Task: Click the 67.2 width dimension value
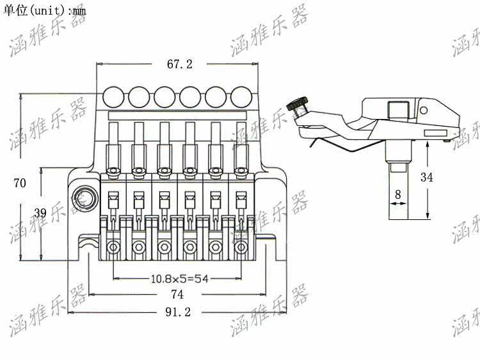180,64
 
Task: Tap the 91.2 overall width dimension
178,312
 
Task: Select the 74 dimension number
177,294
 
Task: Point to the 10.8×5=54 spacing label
180,279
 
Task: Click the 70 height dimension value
20,183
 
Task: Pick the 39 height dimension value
40,213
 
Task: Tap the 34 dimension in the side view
426,177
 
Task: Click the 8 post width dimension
398,194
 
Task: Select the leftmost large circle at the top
113,97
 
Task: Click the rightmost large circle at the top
241,97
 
